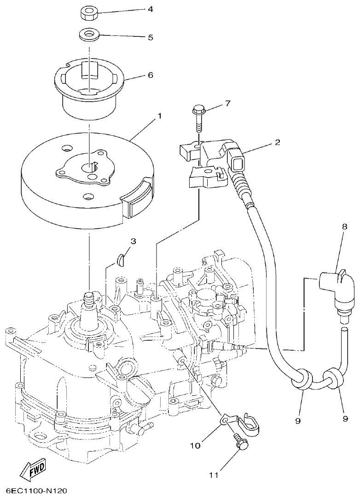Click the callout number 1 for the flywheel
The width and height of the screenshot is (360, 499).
point(159,116)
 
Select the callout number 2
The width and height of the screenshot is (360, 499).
point(277,143)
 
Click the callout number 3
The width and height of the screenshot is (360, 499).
point(133,241)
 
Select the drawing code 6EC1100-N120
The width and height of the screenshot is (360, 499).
point(37,491)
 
